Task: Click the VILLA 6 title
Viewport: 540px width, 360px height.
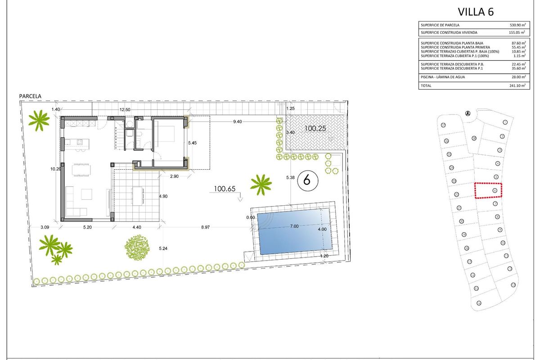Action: (475, 12)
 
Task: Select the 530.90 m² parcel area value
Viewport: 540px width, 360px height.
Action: (516, 25)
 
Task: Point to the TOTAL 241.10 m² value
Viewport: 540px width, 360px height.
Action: (516, 85)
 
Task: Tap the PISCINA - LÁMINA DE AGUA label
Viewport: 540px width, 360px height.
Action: (443, 77)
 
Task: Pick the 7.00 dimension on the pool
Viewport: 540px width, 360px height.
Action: (294, 226)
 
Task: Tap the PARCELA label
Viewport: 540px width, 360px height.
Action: (30, 96)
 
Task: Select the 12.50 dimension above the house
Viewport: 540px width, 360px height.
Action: (125, 109)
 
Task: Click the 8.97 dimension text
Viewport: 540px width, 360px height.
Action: (205, 227)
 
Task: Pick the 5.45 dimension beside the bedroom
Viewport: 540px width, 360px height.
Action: (192, 143)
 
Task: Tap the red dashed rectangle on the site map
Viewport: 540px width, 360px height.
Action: (489, 190)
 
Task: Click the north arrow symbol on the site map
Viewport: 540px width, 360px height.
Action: (468, 113)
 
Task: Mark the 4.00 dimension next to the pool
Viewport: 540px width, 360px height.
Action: (322, 229)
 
